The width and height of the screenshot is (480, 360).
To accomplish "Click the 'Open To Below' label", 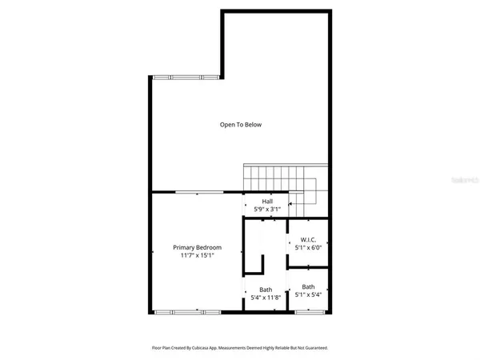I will click(241, 125).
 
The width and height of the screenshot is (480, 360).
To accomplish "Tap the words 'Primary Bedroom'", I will click(198, 248).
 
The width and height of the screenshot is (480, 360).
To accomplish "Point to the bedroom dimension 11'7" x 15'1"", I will click(198, 257).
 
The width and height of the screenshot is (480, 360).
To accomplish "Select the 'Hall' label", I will click(267, 201).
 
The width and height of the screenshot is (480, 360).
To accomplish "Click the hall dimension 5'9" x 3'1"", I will click(267, 210).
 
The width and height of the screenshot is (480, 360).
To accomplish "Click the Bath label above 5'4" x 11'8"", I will click(266, 290).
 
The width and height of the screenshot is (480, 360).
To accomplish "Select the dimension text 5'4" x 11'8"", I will click(266, 298).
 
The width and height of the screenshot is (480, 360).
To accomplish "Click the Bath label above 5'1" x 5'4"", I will click(308, 286).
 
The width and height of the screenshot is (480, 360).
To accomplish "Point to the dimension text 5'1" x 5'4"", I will click(308, 295).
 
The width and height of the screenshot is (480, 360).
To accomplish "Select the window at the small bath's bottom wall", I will click(307, 311).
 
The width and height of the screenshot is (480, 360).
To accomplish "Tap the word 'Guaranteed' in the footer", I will click(314, 348).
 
